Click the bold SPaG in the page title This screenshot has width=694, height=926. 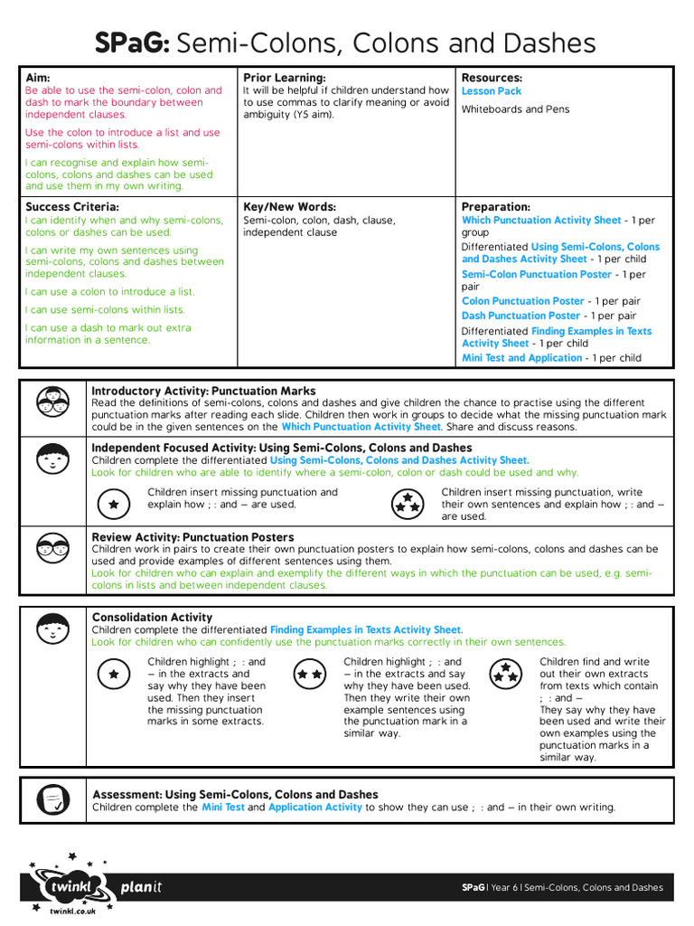click(133, 43)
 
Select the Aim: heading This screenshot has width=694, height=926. click(38, 78)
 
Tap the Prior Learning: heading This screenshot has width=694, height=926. click(284, 78)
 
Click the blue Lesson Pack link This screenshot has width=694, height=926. click(492, 91)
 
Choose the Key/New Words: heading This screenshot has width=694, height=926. click(289, 207)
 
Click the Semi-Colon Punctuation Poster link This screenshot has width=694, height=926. click(537, 274)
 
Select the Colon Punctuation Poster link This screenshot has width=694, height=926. click(523, 301)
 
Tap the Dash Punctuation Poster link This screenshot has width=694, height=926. click(520, 316)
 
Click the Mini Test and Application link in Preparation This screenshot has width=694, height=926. click(522, 358)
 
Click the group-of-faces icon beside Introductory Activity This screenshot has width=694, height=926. click(52, 400)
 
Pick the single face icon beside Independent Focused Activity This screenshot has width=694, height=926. click(52, 459)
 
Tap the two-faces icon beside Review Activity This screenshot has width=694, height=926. click(52, 548)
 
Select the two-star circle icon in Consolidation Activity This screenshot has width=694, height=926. click(310, 674)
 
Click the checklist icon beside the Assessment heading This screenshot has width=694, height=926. click(52, 798)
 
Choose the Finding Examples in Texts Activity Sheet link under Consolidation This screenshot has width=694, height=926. click(367, 629)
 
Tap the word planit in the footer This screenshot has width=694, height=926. click(142, 887)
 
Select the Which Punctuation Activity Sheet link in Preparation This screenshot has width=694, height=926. click(541, 220)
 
